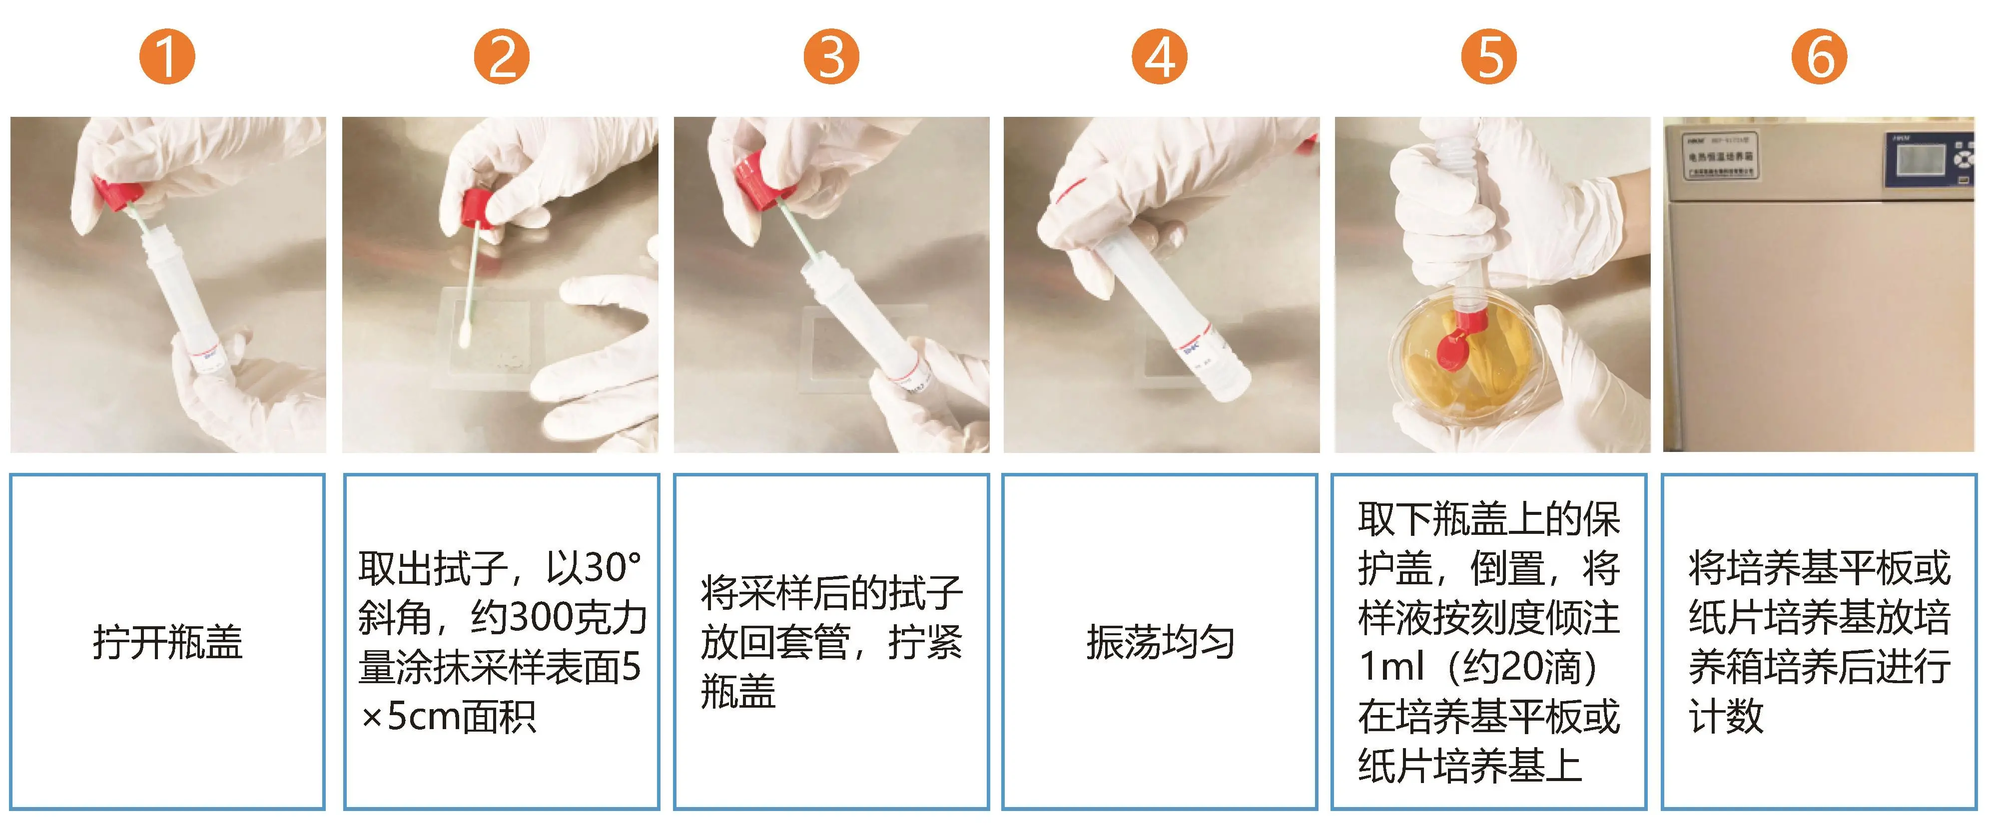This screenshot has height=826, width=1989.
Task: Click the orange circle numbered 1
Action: (167, 56)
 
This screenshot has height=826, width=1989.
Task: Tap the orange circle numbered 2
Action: (500, 56)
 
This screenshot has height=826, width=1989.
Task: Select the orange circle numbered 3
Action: (831, 56)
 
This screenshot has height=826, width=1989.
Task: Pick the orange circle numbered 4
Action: (1159, 56)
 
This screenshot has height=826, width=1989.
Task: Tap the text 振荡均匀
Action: (1160, 642)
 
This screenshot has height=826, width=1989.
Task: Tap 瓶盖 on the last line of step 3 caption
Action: (737, 691)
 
